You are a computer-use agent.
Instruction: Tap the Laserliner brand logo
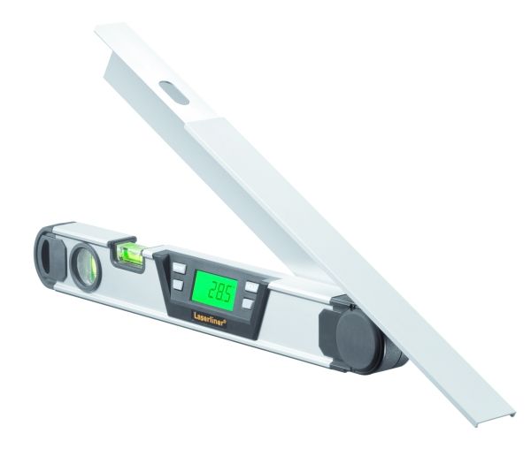tap(210, 319)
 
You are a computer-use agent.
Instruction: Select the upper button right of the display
tap(251, 287)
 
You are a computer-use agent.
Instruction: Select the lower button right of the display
tap(248, 303)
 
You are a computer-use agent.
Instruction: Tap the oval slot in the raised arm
tap(174, 93)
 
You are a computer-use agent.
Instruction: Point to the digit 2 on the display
tap(212, 289)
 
